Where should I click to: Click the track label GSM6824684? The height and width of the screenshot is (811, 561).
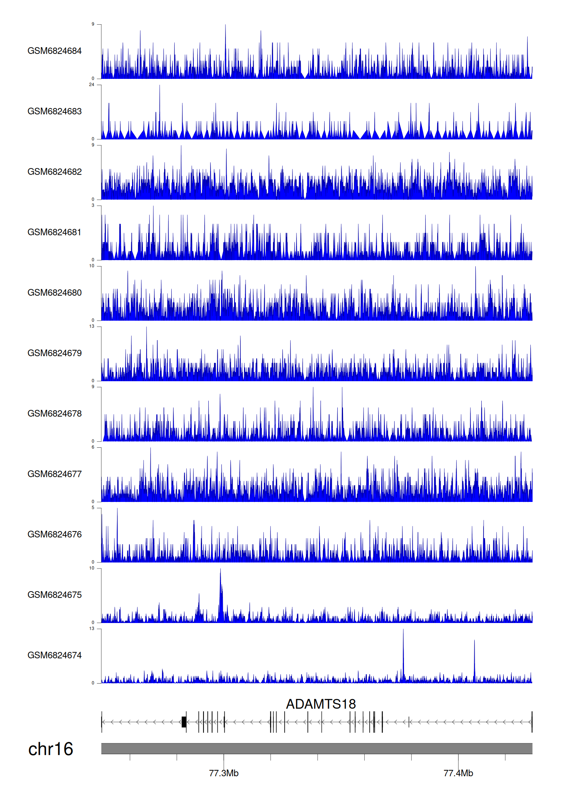click(55, 51)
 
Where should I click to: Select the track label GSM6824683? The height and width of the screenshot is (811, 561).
click(55, 111)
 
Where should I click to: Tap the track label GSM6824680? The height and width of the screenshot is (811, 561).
click(55, 293)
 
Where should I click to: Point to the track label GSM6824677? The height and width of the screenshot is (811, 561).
click(55, 474)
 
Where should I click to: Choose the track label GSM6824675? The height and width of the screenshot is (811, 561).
click(55, 595)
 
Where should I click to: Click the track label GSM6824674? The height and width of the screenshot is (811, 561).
click(55, 655)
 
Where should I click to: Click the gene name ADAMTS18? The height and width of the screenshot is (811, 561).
click(321, 704)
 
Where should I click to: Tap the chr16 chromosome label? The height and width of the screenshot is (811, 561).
click(50, 749)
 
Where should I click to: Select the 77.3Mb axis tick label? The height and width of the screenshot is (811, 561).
click(224, 773)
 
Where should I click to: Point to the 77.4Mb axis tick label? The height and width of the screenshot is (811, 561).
click(458, 773)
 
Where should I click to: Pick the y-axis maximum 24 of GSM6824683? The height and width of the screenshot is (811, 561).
click(92, 85)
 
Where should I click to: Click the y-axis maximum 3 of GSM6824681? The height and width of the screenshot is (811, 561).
click(93, 206)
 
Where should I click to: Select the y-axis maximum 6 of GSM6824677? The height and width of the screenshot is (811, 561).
click(93, 447)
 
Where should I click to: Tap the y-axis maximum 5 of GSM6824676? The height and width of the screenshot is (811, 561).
click(93, 508)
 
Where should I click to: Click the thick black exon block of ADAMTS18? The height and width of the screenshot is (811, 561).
click(184, 722)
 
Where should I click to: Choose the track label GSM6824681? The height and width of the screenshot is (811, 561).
click(55, 232)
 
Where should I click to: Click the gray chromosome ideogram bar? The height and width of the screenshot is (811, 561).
click(316, 748)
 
